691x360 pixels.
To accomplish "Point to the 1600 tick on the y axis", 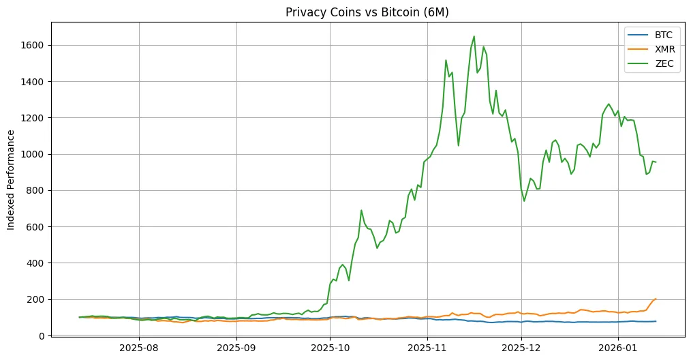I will tap(33, 45).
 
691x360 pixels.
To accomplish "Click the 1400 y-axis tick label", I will tap(33, 82).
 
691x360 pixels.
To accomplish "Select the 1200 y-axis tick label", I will tap(33, 118).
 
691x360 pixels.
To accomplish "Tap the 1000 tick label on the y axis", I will tap(33, 154).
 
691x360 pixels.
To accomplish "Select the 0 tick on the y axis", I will tap(41, 335).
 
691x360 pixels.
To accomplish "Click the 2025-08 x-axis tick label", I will tap(139, 348).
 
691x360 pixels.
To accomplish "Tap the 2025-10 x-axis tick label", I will tap(330, 348).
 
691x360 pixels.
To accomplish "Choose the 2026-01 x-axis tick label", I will tap(618, 348).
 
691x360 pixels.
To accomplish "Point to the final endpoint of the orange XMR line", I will tap(656, 299).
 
